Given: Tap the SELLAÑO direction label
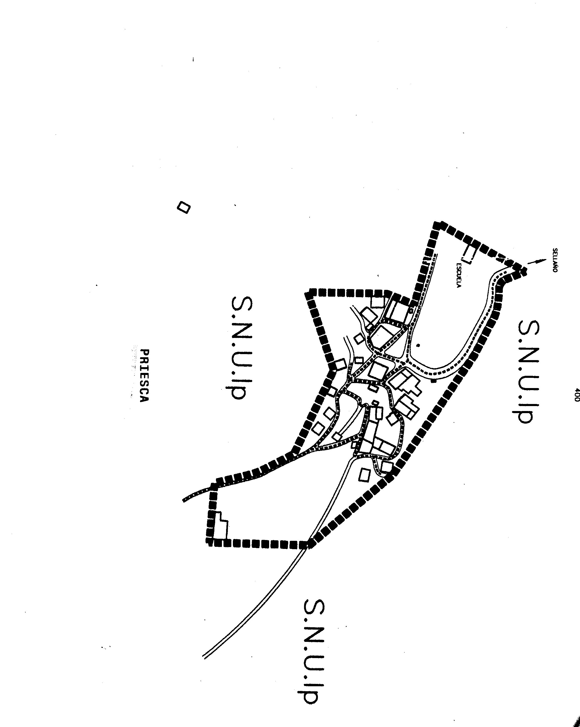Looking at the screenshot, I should tap(555, 260).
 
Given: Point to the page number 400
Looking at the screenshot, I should tap(576, 395).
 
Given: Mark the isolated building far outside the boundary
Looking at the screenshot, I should tap(184, 207).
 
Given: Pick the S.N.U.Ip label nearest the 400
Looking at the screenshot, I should tap(525, 371).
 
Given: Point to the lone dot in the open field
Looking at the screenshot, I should tap(418, 345).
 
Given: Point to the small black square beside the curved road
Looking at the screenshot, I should tap(433, 381).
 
